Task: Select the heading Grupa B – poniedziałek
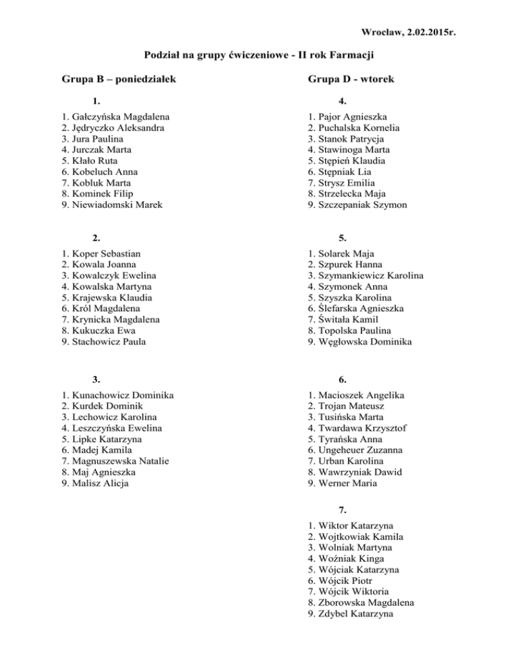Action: pyautogui.click(x=119, y=80)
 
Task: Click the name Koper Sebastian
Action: pyautogui.click(x=106, y=254)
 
